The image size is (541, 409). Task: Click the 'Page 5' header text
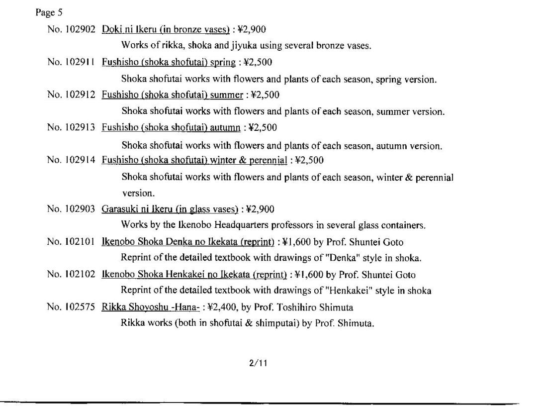pos(48,12)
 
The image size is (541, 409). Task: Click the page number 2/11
pos(258,363)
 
